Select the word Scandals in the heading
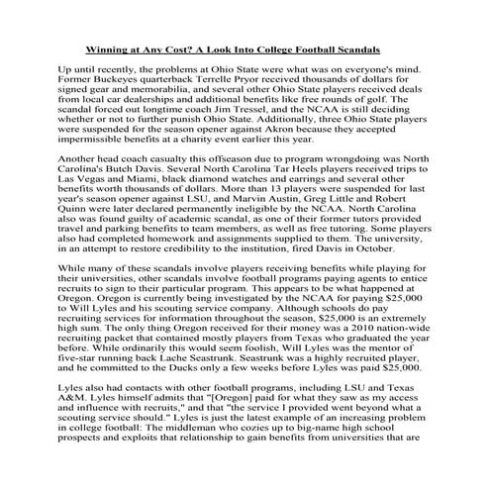(379, 48)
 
